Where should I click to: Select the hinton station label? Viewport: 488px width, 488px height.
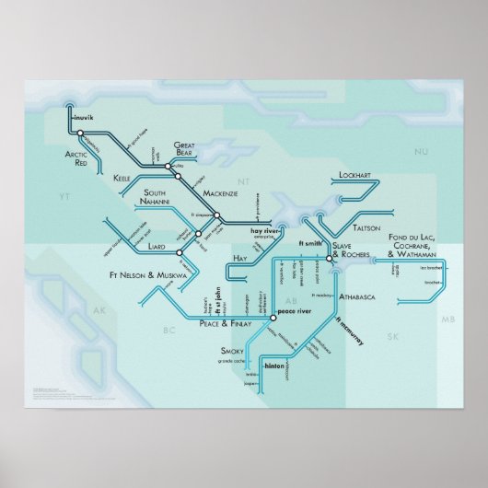277,366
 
